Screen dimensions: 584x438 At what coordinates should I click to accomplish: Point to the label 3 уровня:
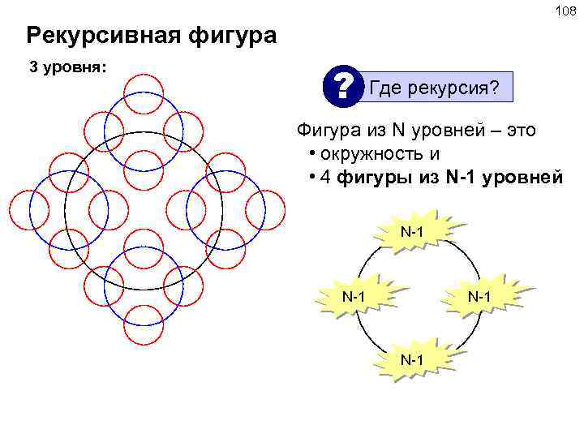click(x=67, y=67)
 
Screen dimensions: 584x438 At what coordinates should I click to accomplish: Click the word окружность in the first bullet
click(x=371, y=154)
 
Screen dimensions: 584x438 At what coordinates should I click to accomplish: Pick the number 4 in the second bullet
click(x=325, y=178)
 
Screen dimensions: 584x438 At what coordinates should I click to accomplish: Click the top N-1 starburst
click(x=413, y=234)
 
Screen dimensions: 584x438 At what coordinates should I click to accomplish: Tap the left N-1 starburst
click(x=352, y=297)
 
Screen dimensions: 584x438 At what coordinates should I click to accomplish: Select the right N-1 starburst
click(x=479, y=297)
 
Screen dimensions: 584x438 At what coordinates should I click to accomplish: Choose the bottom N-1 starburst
click(x=413, y=359)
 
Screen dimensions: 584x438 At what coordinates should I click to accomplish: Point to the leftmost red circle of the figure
click(x=28, y=208)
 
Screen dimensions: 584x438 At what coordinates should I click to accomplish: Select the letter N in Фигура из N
click(x=398, y=130)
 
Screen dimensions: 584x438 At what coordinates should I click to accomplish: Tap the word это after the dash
click(x=518, y=130)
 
